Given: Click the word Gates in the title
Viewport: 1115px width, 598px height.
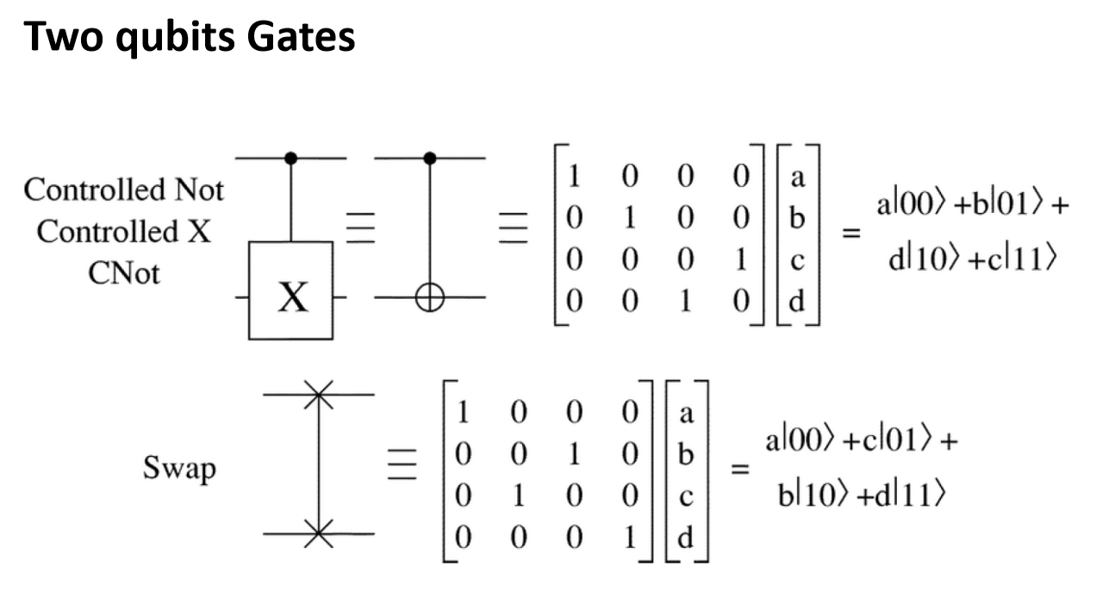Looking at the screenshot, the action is click(x=301, y=36).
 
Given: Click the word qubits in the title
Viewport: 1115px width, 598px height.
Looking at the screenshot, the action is click(x=175, y=39).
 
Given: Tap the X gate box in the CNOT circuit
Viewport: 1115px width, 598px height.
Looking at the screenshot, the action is click(x=290, y=290).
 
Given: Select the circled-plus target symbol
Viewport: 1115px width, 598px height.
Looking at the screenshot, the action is click(x=430, y=297).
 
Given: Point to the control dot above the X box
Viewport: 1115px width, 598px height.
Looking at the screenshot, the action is click(x=290, y=159).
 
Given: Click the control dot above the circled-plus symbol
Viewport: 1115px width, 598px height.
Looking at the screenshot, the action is click(x=430, y=159).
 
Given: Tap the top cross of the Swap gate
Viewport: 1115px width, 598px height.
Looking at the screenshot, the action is click(x=319, y=395).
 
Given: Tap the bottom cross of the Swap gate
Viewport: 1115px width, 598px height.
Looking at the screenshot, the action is click(x=319, y=533).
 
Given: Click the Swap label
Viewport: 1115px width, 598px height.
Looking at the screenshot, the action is click(x=180, y=468).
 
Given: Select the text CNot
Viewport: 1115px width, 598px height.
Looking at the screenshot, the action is click(x=124, y=273).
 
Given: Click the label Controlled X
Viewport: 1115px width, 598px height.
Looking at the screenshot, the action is click(x=123, y=232).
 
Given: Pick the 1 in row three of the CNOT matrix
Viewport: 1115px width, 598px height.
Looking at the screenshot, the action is click(x=741, y=259).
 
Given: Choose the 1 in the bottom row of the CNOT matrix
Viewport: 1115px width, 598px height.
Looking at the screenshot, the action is click(x=685, y=301).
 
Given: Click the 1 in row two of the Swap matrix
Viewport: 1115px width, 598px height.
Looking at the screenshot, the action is click(x=575, y=453).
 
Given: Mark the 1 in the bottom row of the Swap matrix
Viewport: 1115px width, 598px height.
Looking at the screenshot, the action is click(x=630, y=538).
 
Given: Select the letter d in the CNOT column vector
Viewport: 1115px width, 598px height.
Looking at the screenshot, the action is click(x=797, y=301).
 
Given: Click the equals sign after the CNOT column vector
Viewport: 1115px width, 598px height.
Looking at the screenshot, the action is click(x=851, y=233).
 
